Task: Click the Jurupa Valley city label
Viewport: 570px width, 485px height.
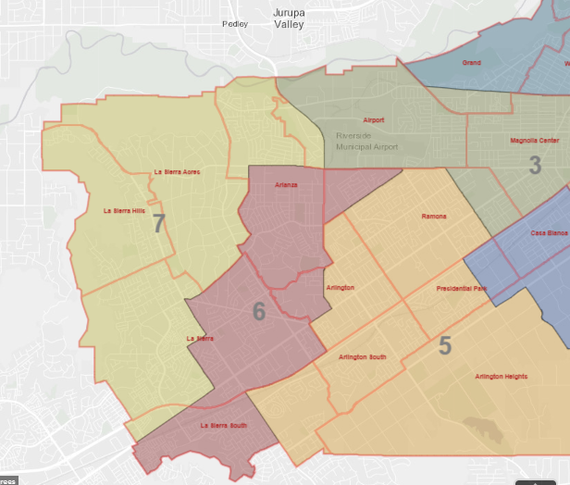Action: point(289,19)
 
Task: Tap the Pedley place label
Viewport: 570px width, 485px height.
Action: point(235,24)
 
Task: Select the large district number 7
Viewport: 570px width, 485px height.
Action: point(159,223)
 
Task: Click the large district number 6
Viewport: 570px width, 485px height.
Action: point(259,312)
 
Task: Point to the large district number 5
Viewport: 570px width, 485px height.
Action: point(445,346)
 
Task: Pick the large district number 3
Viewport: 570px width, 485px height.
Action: point(535,167)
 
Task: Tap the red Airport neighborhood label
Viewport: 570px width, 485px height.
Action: point(374,120)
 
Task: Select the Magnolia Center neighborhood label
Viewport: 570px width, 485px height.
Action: point(534,141)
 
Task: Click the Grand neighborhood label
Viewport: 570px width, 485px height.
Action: point(471,63)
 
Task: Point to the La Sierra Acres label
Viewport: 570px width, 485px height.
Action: point(177,172)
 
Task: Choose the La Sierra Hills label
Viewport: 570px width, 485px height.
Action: point(124,211)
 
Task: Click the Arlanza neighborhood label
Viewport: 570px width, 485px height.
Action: point(287,186)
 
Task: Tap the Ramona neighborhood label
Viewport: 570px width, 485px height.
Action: point(434,216)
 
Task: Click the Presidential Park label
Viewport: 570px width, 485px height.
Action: point(461,289)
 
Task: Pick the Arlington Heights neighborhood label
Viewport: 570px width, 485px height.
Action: point(502,377)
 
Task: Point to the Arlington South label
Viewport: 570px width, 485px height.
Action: point(363,356)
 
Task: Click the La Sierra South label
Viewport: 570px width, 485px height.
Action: point(224,426)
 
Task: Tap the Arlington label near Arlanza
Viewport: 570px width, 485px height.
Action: point(341,288)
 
